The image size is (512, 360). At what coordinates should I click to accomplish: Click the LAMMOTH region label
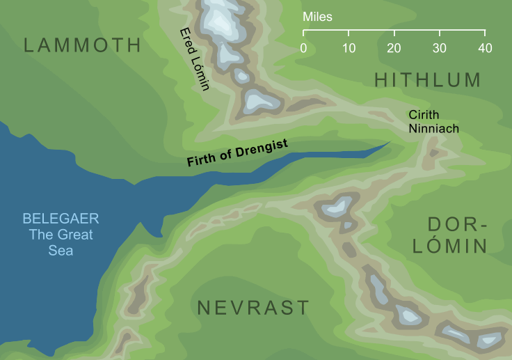(82, 46)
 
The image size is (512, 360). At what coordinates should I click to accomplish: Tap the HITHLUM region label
(428, 80)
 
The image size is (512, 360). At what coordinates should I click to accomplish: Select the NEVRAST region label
(253, 308)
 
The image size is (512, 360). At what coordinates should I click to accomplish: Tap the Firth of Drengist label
(246, 152)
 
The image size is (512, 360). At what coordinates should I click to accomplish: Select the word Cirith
(423, 116)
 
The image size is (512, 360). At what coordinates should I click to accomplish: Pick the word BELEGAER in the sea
(60, 219)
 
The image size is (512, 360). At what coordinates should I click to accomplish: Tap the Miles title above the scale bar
(317, 17)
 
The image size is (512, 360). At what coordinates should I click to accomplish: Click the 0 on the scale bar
(303, 48)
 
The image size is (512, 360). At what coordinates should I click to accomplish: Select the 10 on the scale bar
(349, 48)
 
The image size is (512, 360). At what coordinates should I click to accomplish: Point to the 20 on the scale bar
(394, 48)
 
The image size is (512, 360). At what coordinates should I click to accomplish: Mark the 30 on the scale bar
(440, 48)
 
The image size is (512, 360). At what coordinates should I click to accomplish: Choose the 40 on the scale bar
(485, 48)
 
